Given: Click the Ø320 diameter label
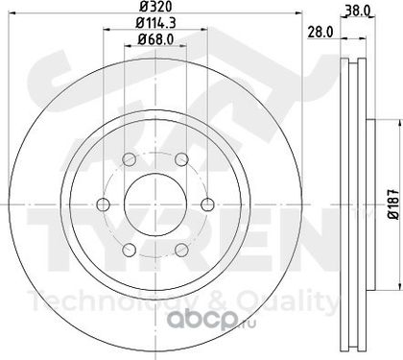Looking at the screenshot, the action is pos(156,6).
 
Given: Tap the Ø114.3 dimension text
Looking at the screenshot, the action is pos(156,23).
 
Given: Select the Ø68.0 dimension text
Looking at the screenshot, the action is pos(155,39).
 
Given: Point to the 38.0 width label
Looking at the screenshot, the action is pos(358,12).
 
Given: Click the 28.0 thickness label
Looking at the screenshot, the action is pos(320,32).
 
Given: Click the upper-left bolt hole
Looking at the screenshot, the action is pos(130,159).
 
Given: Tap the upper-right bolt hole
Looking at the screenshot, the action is pos(181,159).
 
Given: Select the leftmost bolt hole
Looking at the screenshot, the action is pos(104,204).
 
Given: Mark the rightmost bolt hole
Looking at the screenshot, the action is pos(207,204).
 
